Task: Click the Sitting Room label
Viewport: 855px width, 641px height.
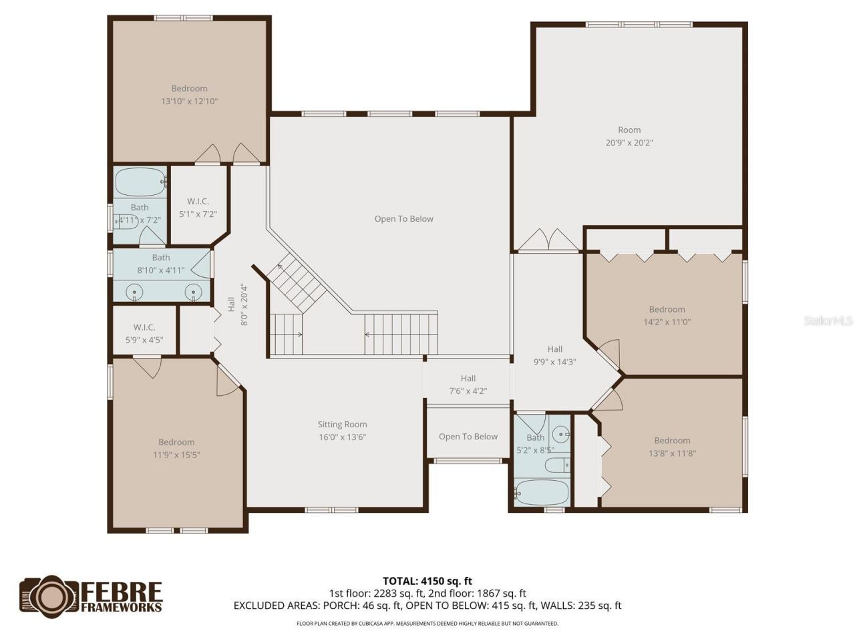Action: click(x=342, y=425)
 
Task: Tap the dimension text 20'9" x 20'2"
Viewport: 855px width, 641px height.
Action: click(x=629, y=143)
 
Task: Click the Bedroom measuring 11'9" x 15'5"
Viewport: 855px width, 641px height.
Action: click(x=176, y=448)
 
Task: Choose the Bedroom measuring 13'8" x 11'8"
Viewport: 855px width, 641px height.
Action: click(x=671, y=447)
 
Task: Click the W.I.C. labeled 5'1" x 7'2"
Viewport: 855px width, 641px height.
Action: click(x=198, y=208)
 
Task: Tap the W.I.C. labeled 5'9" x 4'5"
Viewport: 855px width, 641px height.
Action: click(x=144, y=333)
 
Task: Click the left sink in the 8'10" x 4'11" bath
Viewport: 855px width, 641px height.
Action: click(x=136, y=292)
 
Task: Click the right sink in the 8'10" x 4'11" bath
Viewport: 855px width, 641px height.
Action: click(x=193, y=292)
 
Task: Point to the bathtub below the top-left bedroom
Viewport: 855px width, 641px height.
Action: click(x=140, y=182)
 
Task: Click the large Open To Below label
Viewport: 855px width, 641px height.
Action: click(x=403, y=219)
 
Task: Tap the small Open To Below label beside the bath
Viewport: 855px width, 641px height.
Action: click(x=468, y=437)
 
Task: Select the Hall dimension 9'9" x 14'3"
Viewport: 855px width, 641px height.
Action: click(x=554, y=362)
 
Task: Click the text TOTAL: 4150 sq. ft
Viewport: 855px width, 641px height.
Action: click(x=427, y=581)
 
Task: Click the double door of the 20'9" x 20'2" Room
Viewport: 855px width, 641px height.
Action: click(x=548, y=240)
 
